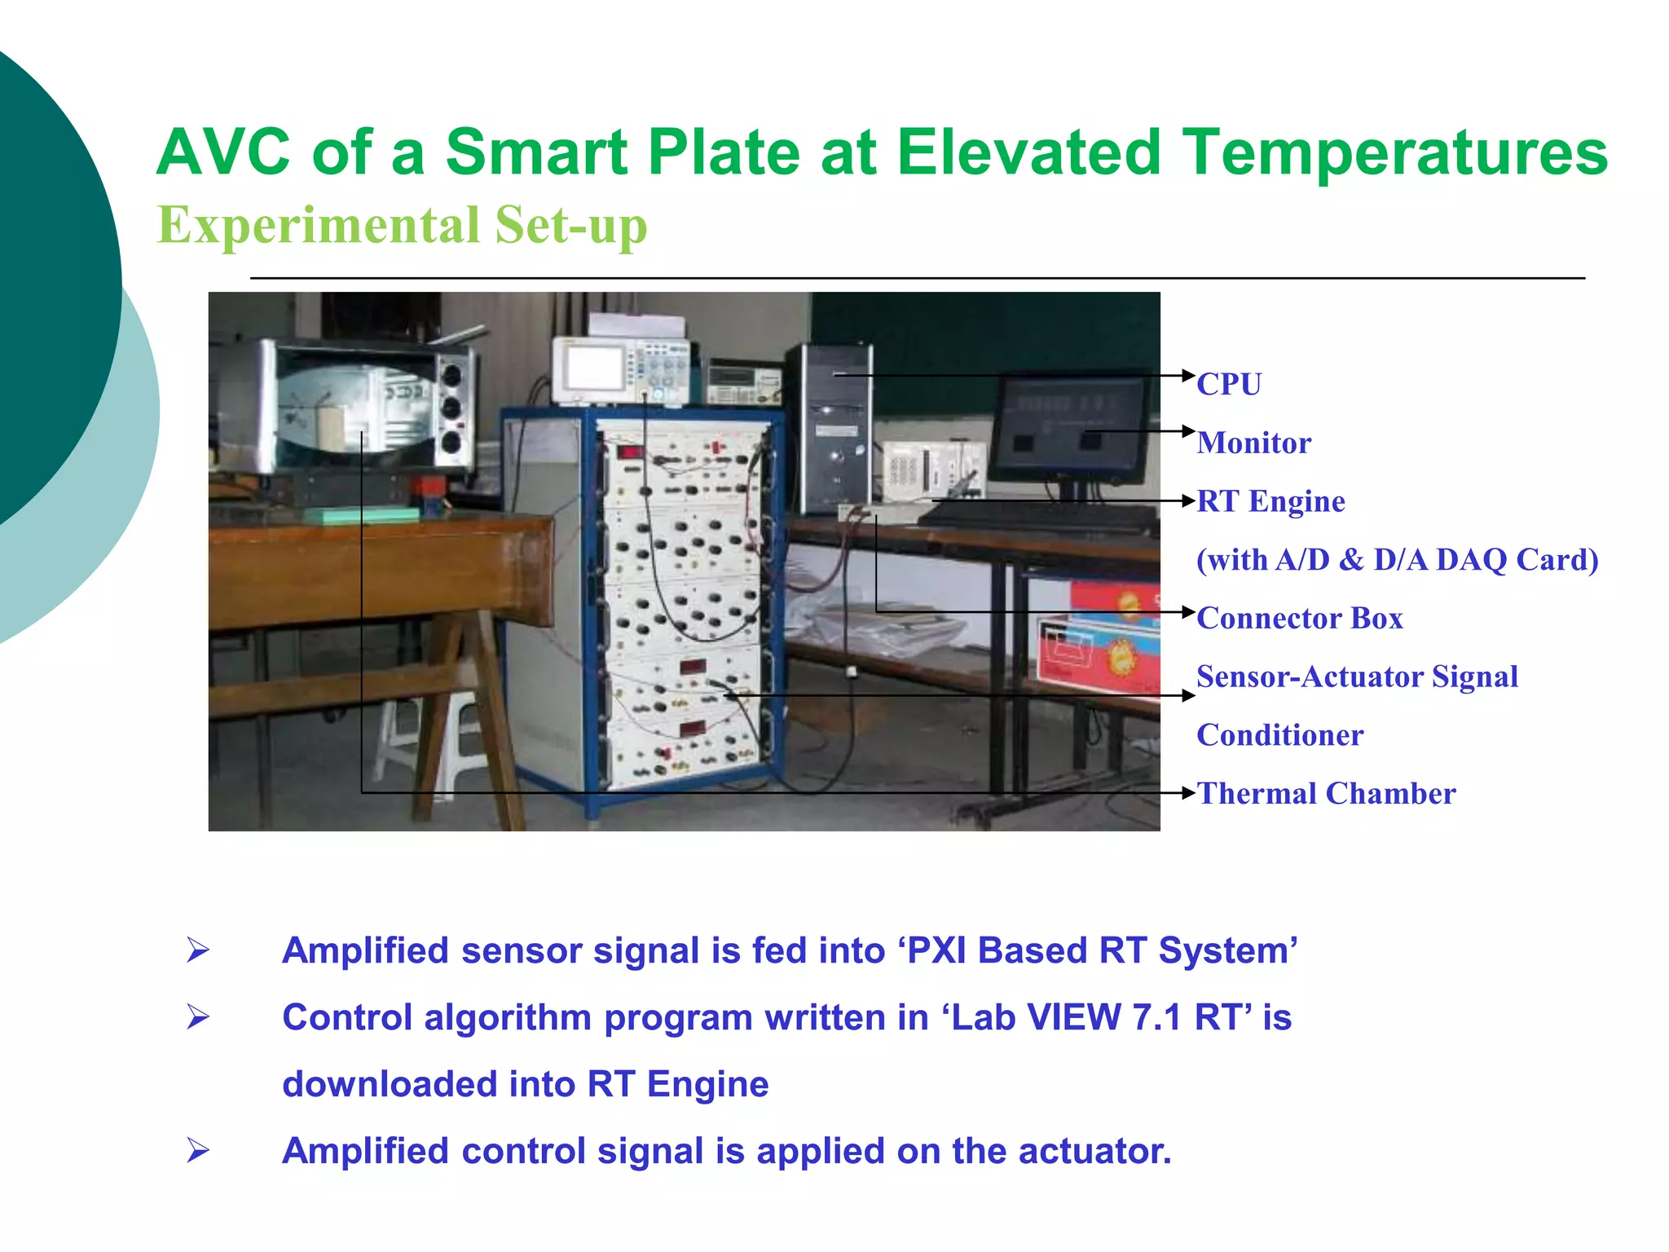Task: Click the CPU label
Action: click(x=1228, y=384)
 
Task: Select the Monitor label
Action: click(x=1253, y=443)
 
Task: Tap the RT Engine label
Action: click(x=1270, y=501)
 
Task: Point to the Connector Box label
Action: click(x=1299, y=618)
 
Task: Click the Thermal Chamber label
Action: click(x=1326, y=793)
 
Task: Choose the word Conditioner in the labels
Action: click(x=1279, y=735)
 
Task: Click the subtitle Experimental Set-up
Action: click(x=402, y=225)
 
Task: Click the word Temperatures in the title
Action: click(x=1394, y=152)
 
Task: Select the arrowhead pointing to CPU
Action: click(x=1189, y=375)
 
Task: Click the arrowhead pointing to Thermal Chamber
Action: click(x=1189, y=792)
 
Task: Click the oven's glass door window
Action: click(x=350, y=408)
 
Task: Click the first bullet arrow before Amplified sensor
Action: click(x=197, y=950)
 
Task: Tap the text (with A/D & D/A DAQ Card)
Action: click(x=1397, y=560)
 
